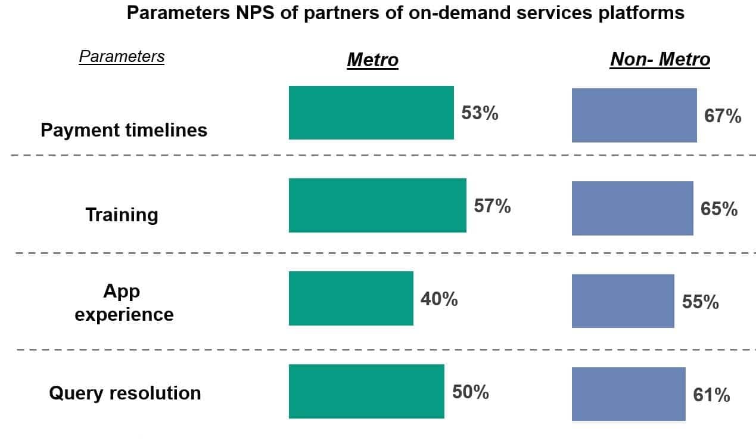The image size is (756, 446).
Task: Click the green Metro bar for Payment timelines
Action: pyautogui.click(x=371, y=113)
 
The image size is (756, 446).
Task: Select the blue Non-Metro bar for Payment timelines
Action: pyautogui.click(x=634, y=116)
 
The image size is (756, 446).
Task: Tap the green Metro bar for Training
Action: pyautogui.click(x=378, y=205)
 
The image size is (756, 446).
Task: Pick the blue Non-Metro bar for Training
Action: pyautogui.click(x=632, y=208)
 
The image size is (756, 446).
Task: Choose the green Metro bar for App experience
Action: pyautogui.click(x=351, y=298)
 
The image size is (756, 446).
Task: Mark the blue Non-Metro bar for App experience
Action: pyautogui.click(x=623, y=301)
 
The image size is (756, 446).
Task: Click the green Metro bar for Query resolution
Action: pyautogui.click(x=366, y=391)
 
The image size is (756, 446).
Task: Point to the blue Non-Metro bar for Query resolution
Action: pyautogui.click(x=629, y=394)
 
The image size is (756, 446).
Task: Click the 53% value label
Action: pyautogui.click(x=480, y=113)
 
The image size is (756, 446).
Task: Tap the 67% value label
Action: pyautogui.click(x=723, y=116)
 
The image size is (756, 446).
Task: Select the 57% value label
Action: pyautogui.click(x=492, y=206)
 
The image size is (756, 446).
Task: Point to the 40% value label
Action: pyautogui.click(x=439, y=299)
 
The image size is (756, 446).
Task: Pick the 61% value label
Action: pyautogui.click(x=711, y=395)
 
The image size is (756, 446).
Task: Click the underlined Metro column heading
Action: pyautogui.click(x=372, y=60)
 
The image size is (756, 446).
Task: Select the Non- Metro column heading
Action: pyautogui.click(x=660, y=60)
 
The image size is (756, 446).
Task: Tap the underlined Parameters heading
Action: pyautogui.click(x=122, y=57)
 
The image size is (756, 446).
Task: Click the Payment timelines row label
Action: pyautogui.click(x=124, y=130)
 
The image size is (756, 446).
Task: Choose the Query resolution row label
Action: pyautogui.click(x=125, y=393)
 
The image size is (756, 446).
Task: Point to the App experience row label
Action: pyautogui.click(x=123, y=302)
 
